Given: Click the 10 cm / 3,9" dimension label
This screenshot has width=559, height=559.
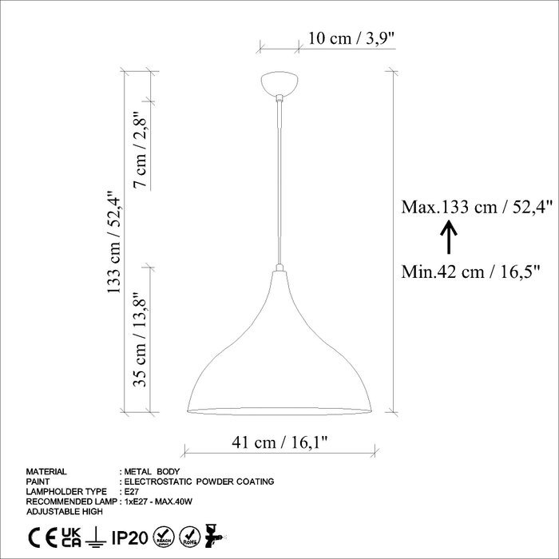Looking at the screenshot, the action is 351,38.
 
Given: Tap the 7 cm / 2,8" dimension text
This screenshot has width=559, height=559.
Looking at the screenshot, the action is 140,150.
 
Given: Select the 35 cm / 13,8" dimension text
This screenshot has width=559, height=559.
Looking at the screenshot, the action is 140,340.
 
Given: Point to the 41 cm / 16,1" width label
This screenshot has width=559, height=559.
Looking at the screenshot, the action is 279,442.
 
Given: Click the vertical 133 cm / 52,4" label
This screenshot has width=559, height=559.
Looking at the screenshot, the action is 114,242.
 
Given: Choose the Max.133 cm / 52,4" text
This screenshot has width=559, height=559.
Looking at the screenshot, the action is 477,207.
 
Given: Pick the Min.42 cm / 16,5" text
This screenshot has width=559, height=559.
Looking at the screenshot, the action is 470,272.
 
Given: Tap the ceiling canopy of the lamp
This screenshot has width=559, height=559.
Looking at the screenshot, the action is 279,84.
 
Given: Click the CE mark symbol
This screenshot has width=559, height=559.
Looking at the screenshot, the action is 42,538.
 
